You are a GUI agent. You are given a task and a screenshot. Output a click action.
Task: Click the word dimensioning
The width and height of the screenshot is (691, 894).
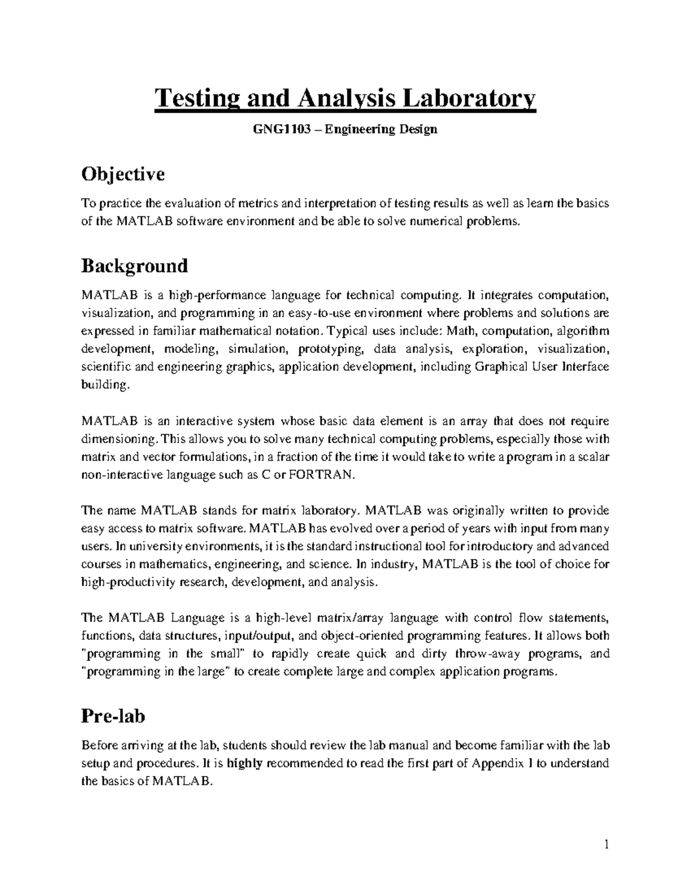(x=117, y=439)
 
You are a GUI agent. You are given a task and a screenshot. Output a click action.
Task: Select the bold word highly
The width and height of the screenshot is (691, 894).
(x=245, y=763)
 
